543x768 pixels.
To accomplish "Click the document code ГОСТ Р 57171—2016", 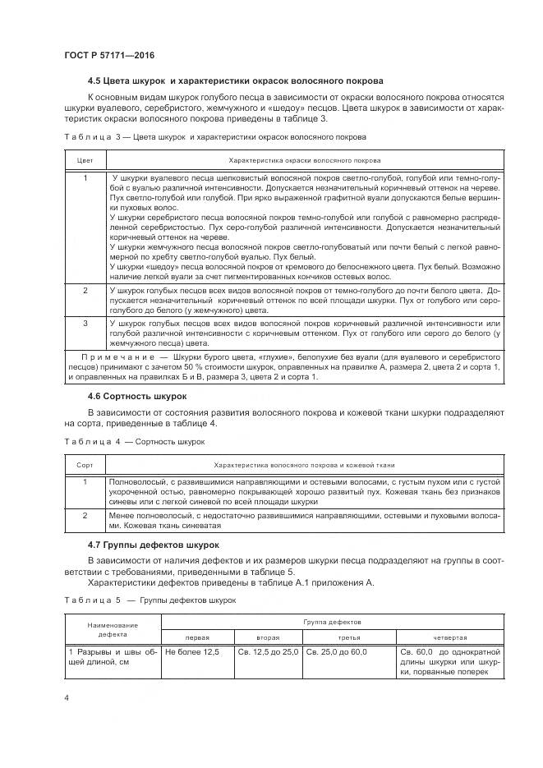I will click(x=109, y=54).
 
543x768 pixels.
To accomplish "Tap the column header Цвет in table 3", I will click(x=85, y=160).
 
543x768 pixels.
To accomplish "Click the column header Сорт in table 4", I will click(x=85, y=464).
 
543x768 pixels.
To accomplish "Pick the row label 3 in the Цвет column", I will click(x=85, y=324).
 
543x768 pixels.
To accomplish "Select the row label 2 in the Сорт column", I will click(x=85, y=515).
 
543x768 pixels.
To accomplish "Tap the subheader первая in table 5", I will click(x=197, y=637).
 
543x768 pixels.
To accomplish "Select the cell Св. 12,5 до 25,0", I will click(x=267, y=651).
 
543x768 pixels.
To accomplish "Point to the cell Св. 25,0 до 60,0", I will click(x=336, y=651).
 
